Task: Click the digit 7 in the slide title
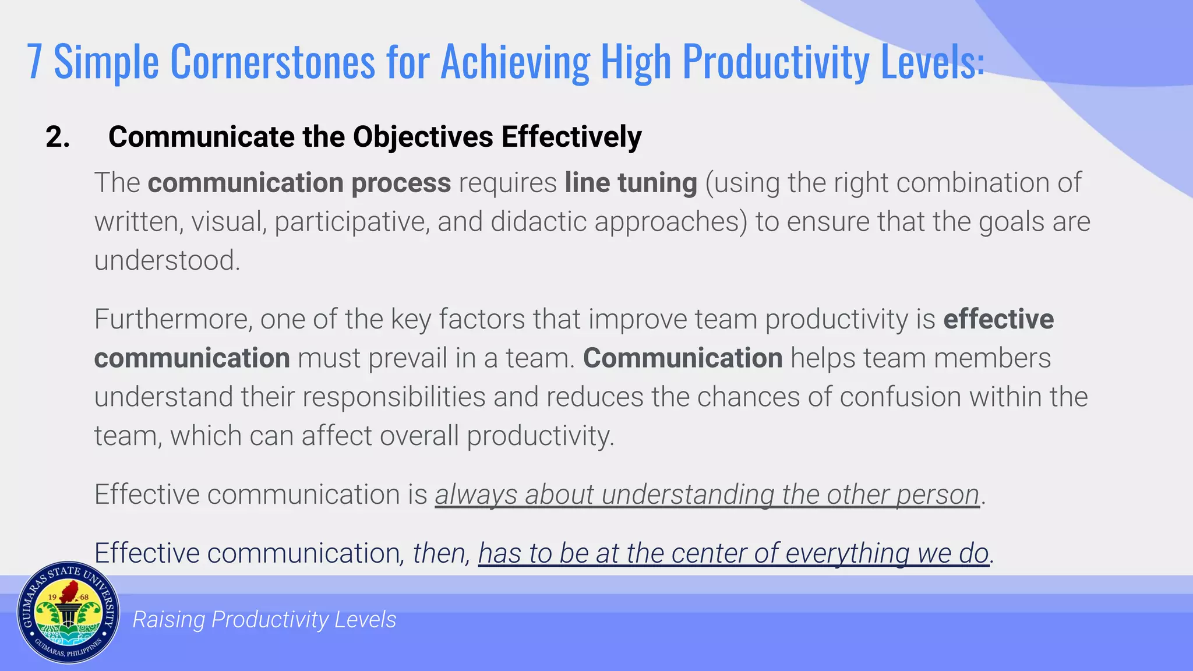pos(34,62)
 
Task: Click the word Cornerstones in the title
pos(272,62)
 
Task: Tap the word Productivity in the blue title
pos(776,62)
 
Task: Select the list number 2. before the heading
pos(58,137)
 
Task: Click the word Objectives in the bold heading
pos(423,137)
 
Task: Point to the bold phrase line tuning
pos(630,183)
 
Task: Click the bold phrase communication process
pos(299,183)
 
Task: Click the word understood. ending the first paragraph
pos(167,260)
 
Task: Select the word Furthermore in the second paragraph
pos(173,319)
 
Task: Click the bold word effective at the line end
pos(998,319)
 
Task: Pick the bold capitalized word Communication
pos(683,358)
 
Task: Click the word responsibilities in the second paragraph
pos(394,397)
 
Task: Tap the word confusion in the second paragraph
pos(900,397)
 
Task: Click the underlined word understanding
pos(687,495)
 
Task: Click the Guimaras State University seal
pos(68,613)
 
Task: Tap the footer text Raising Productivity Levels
pos(264,620)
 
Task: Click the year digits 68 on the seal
pos(84,598)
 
